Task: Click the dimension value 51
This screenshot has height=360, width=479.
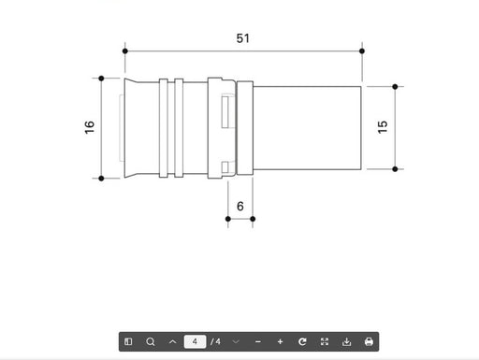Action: coord(243,38)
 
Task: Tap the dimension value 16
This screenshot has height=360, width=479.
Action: coord(90,127)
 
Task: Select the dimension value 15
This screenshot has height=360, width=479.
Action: coord(383,127)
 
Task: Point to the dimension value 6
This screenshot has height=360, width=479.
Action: coord(240,206)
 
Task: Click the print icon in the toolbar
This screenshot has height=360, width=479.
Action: coord(369,341)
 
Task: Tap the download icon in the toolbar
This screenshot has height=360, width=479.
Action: coord(346,341)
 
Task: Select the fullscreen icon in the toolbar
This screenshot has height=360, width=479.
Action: coord(325,341)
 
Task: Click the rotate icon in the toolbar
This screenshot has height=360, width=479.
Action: coord(302,341)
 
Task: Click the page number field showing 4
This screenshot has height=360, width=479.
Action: coord(195,341)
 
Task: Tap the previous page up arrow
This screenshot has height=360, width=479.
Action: coord(173,341)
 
